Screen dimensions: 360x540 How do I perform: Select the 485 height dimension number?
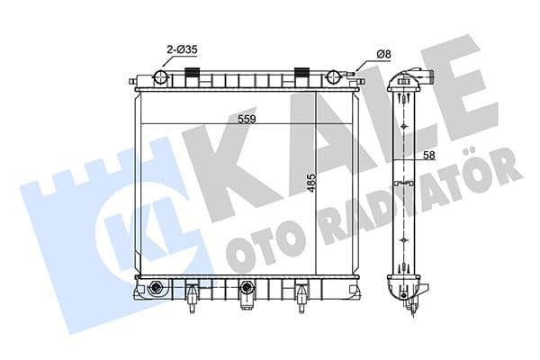click(308, 185)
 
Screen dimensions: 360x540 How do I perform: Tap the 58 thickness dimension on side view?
click(429, 156)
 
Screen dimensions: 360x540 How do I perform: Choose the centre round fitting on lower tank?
click(247, 289)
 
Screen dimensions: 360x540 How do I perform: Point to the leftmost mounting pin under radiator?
click(192, 302)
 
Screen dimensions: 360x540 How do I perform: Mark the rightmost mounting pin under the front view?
click(301, 302)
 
